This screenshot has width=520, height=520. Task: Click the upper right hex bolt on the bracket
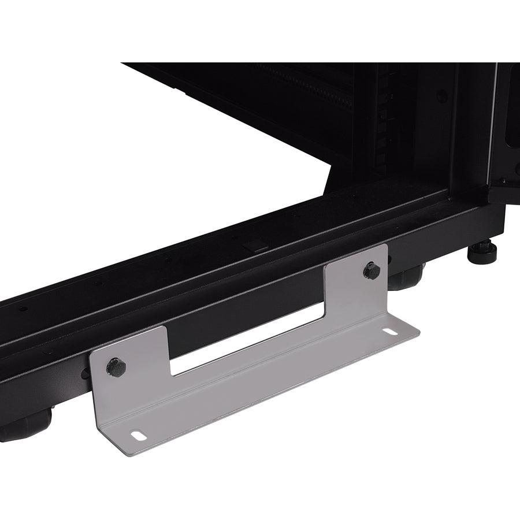click(x=372, y=270)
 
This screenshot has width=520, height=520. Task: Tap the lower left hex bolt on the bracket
click(x=116, y=367)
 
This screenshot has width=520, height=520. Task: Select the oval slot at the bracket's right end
click(x=392, y=332)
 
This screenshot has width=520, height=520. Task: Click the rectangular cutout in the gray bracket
click(x=248, y=341)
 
